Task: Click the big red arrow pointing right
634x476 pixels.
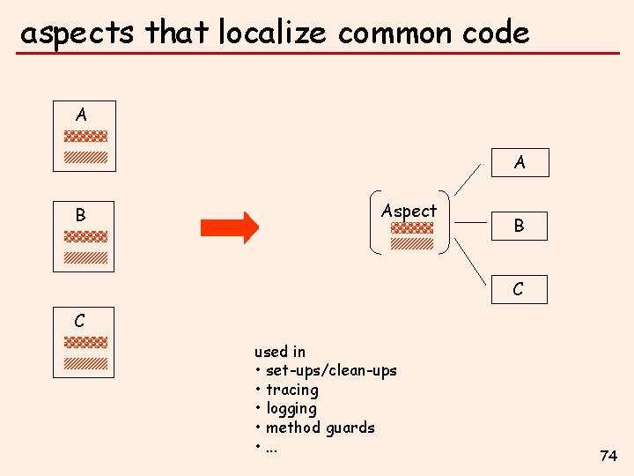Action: [230, 227]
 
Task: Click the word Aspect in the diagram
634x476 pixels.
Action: [409, 211]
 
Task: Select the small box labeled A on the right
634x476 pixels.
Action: [520, 162]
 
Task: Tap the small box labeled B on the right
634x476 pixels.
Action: [519, 226]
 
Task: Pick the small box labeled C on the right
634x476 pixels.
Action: [518, 289]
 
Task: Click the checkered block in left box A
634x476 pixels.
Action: [85, 137]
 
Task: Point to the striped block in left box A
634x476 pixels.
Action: [85, 157]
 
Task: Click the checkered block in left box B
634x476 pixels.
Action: [85, 237]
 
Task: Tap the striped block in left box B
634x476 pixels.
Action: [85, 257]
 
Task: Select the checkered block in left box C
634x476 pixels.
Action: [85, 342]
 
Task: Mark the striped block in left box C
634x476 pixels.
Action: [85, 362]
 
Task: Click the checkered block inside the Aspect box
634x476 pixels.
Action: [412, 227]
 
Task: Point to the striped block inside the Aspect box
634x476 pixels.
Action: [412, 243]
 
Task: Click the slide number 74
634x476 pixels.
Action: [608, 456]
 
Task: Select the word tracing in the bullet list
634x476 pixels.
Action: [291, 390]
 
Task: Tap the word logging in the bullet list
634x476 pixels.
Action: [291, 409]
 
